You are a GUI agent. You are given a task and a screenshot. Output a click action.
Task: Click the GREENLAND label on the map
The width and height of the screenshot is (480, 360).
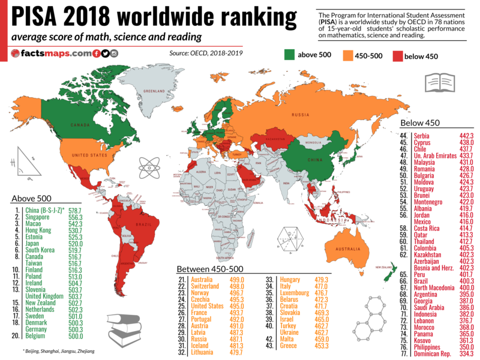pyautogui.click(x=153, y=91)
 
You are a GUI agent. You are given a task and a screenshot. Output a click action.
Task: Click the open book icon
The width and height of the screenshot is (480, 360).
pyautogui.click(x=424, y=82)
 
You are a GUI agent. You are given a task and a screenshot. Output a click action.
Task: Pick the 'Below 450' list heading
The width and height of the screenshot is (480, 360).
pyautogui.click(x=420, y=123)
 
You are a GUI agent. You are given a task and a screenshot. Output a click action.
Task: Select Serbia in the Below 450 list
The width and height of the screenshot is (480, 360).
pyautogui.click(x=421, y=136)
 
